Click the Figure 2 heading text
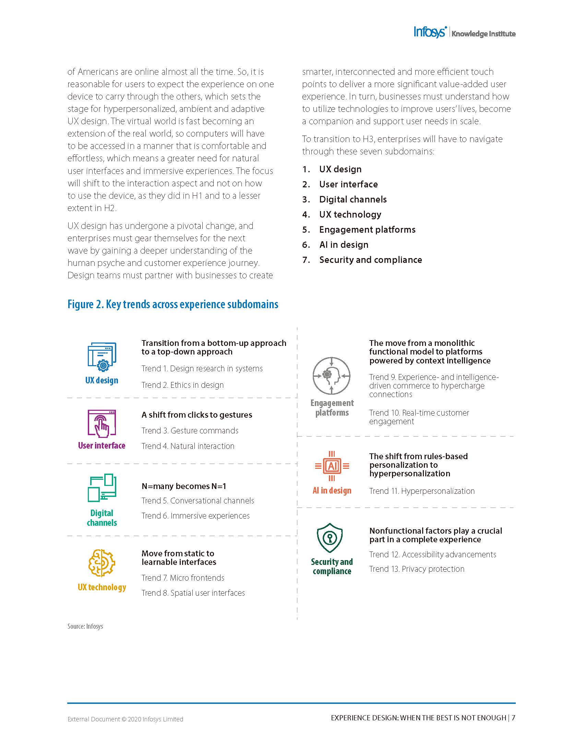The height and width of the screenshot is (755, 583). [x=173, y=304]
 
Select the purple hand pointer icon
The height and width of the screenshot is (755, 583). [x=102, y=423]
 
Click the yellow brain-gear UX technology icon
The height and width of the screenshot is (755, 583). [x=102, y=562]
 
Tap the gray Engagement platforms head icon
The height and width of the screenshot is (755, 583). [x=332, y=376]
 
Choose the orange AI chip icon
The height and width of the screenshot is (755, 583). [x=332, y=466]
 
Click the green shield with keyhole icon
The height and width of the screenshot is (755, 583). [x=330, y=537]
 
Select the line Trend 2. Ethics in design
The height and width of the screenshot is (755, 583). [x=182, y=385]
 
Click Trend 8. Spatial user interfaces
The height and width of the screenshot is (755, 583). [x=193, y=593]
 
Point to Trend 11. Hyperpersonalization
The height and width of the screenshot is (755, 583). [x=422, y=491]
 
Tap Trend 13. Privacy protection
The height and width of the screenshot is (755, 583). [x=417, y=569]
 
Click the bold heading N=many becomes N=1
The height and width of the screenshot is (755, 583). [x=184, y=486]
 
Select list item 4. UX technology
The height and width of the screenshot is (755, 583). [x=350, y=214]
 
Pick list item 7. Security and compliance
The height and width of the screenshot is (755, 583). [x=370, y=260]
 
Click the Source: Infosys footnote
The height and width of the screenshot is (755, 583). [x=85, y=626]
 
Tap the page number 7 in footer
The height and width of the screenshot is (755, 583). [x=513, y=718]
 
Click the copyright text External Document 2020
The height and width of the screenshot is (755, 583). [x=125, y=719]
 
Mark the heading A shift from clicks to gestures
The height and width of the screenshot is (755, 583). [x=197, y=415]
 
